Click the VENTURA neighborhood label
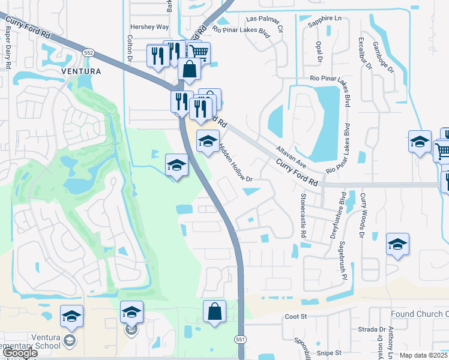81,71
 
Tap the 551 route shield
240,338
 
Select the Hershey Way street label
149,27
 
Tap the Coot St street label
296,316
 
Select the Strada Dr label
373,329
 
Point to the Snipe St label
330,353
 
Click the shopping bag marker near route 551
214,312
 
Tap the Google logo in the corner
20,353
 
